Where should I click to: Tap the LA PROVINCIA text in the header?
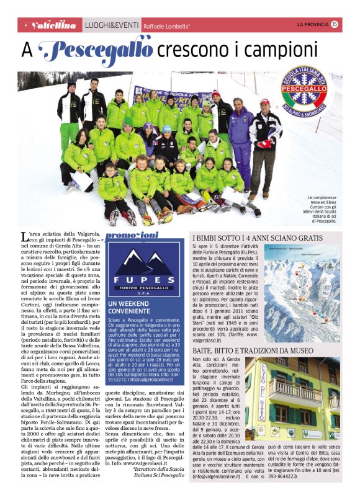point(312,25)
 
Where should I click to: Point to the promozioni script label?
point(131,235)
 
